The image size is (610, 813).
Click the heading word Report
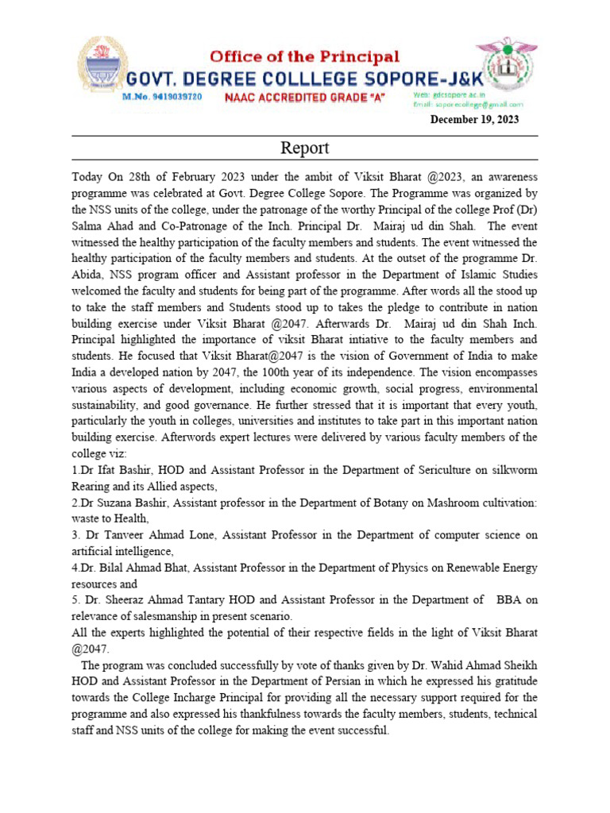pos(304,148)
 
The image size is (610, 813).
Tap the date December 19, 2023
pos(474,120)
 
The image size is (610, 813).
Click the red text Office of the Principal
pos(304,56)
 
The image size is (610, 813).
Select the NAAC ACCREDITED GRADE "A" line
pos(304,97)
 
